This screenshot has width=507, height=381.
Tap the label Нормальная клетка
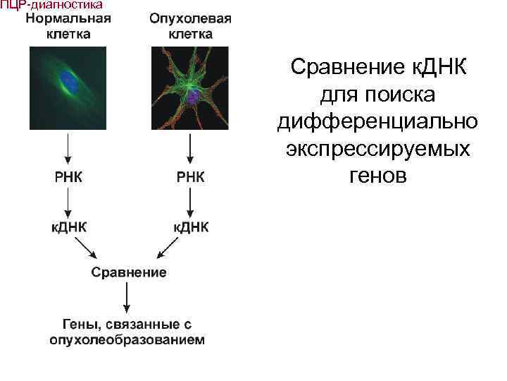point(68,25)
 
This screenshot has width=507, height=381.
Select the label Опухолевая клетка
point(190,25)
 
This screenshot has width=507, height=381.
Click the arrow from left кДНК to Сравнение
point(88,248)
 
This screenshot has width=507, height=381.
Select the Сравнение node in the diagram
point(128,272)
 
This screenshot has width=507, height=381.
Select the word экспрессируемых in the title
point(378,149)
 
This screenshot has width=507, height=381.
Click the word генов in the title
point(377,176)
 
